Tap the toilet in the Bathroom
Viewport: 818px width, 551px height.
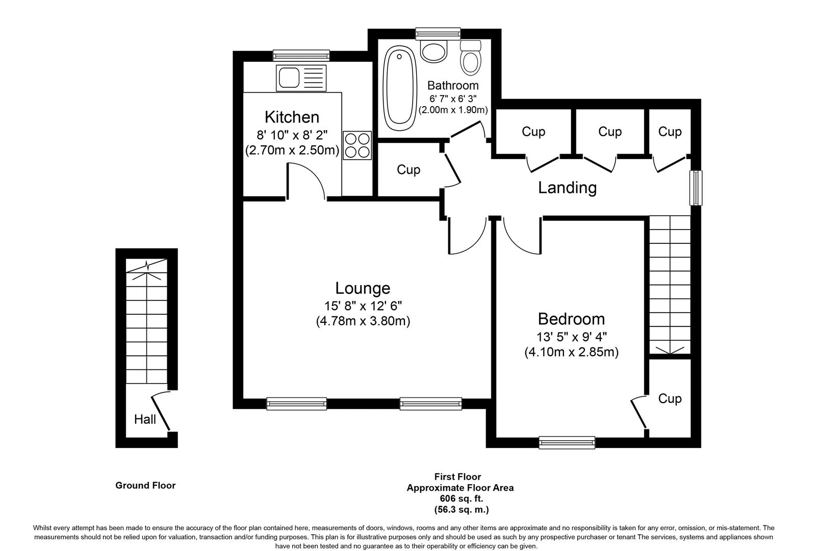(470, 58)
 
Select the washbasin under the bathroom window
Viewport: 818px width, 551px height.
(433, 52)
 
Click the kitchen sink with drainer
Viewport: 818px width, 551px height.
(301, 78)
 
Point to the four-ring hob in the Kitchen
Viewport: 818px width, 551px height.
(357, 145)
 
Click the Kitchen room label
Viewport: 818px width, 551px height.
(292, 117)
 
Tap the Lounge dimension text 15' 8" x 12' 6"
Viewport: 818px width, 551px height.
(363, 306)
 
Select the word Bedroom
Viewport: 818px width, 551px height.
(571, 319)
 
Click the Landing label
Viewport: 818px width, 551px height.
(567, 188)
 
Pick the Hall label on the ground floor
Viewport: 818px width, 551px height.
(145, 419)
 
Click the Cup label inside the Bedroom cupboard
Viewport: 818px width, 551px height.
(669, 398)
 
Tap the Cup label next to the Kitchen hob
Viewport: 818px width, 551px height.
(408, 169)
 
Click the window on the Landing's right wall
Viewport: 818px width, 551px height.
(696, 188)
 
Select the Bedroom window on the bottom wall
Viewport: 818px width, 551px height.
(567, 442)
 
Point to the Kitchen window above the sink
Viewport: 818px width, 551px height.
(301, 55)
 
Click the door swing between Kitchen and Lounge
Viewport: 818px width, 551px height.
(306, 181)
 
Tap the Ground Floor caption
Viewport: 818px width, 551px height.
(145, 485)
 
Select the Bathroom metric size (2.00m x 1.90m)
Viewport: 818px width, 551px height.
(453, 110)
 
